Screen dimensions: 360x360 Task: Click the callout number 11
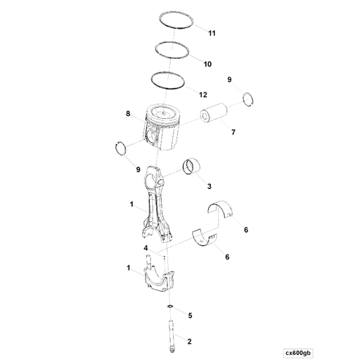[212, 33]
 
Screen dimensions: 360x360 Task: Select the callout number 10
[207, 64]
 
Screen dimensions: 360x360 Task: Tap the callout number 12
[202, 94]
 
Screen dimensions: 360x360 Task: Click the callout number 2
[188, 341]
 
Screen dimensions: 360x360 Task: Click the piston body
[164, 126]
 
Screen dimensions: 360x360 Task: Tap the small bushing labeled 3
[191, 167]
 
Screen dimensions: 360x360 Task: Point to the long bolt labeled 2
[171, 330]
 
